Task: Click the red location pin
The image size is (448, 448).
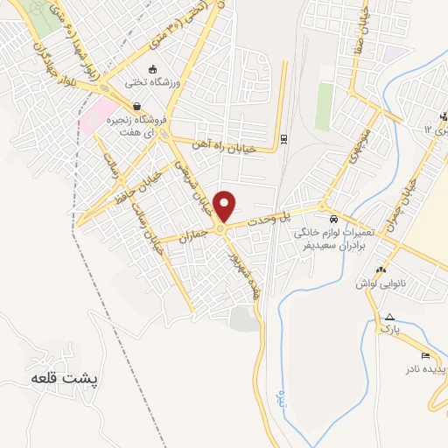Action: click(x=225, y=206)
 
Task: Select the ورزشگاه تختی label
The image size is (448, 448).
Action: click(x=154, y=85)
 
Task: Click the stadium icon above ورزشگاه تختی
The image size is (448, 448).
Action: click(x=154, y=70)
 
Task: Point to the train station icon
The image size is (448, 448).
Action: click(x=283, y=138)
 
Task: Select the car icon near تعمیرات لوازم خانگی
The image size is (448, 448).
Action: click(x=333, y=219)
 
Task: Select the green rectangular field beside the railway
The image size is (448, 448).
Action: click(x=324, y=106)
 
